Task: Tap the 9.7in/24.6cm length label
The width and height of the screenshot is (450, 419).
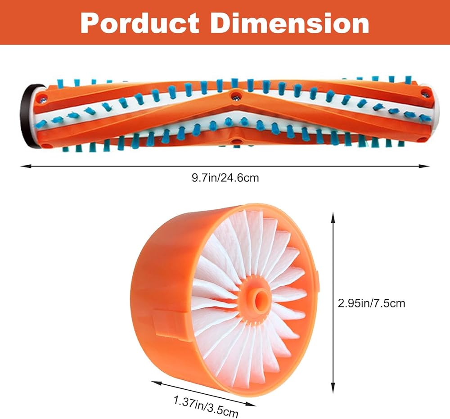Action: pos(225,178)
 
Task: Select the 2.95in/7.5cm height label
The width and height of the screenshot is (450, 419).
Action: pos(371,303)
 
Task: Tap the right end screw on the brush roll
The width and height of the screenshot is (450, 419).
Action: pos(425,95)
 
